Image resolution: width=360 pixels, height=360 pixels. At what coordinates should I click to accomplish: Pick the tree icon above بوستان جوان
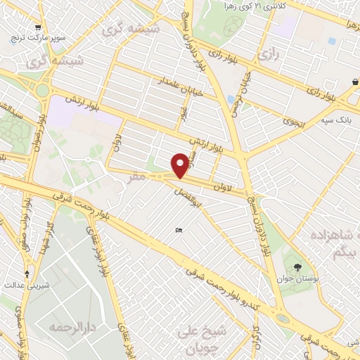click(x=298, y=267)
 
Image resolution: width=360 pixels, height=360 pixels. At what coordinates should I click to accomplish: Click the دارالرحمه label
click(x=72, y=328)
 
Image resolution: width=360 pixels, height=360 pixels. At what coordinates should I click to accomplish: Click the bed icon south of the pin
click(x=179, y=231)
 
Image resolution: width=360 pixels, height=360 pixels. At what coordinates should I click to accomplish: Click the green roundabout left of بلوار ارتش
click(x=43, y=90)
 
